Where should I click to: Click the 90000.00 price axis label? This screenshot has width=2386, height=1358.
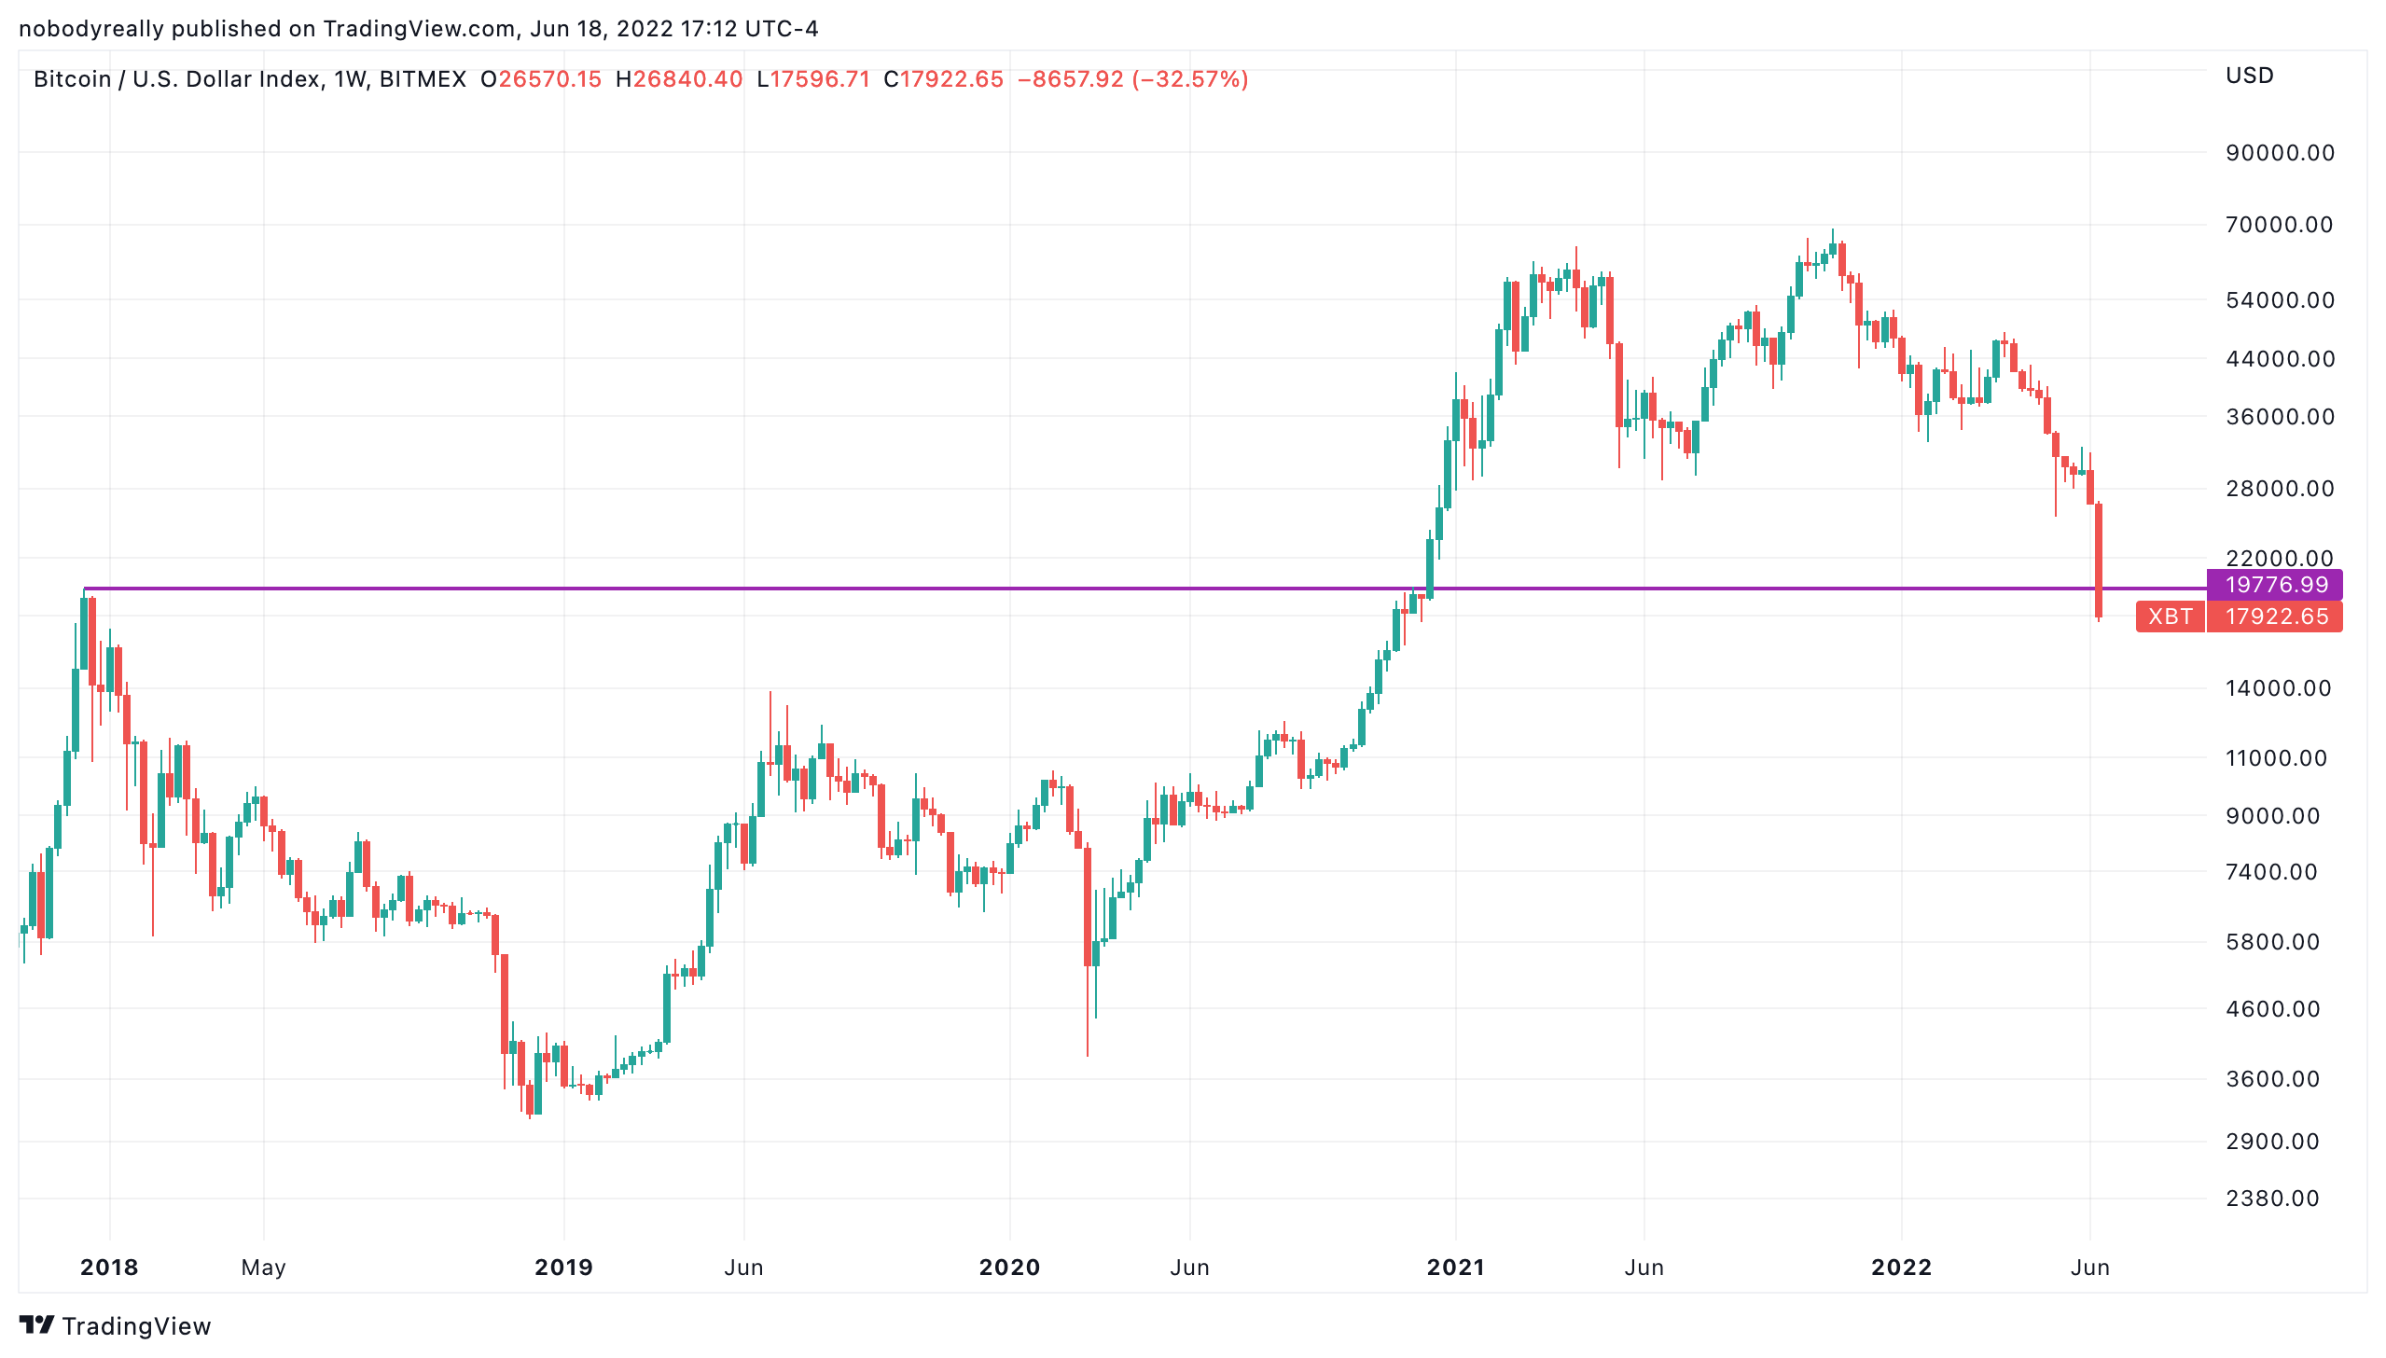[2280, 153]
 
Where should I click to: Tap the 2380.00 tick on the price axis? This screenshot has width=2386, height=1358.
[2272, 1199]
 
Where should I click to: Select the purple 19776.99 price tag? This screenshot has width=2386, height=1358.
[2275, 585]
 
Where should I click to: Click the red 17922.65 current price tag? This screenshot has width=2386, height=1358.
[2275, 617]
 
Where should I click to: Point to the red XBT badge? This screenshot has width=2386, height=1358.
[2170, 617]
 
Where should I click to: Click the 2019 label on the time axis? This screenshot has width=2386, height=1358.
[563, 1268]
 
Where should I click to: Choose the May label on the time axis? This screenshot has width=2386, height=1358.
[263, 1268]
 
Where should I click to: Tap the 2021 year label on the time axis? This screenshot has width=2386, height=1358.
[1455, 1268]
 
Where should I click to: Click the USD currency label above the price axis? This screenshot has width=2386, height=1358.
[2249, 76]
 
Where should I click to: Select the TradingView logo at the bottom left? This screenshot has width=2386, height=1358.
[116, 1325]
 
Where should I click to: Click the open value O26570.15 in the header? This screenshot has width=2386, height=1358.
[541, 79]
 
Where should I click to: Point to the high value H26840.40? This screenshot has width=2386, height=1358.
[679, 79]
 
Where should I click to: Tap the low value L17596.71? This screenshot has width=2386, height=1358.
[813, 79]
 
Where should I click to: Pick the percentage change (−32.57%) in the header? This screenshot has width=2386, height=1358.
[1190, 79]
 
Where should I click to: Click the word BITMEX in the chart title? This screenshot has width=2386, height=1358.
[423, 79]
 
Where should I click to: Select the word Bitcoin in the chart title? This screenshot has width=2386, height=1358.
[72, 79]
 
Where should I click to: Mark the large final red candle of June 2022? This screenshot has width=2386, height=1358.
[2099, 560]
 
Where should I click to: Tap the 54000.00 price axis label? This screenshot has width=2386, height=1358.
[2280, 300]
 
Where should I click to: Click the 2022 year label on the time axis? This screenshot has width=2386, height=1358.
[1901, 1268]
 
